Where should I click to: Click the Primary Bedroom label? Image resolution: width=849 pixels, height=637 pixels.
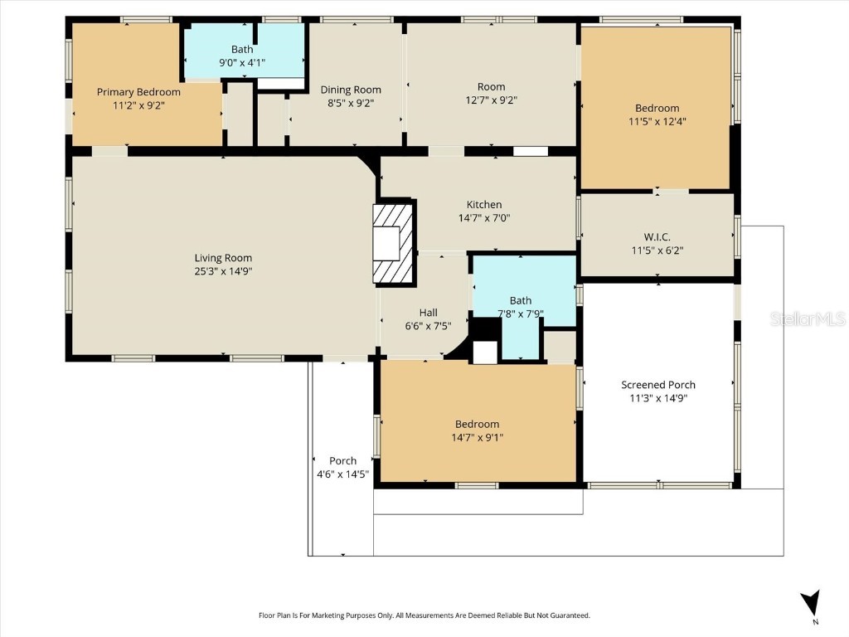pos(138,92)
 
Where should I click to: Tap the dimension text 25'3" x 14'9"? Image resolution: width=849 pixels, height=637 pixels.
pos(223,271)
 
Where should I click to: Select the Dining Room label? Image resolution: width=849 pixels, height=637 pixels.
pos(351,90)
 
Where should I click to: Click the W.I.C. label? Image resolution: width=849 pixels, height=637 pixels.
pos(657,237)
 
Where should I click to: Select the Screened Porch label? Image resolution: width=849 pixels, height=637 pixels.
pos(658,385)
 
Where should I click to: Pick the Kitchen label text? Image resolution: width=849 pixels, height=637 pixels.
pos(484,205)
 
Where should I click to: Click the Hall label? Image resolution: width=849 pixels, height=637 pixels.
pos(428,313)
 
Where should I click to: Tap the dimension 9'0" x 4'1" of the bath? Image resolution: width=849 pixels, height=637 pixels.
pos(242,62)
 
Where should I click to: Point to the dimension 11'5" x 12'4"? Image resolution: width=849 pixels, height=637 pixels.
pos(657,121)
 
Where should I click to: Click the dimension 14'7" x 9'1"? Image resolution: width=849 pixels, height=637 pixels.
pos(477,437)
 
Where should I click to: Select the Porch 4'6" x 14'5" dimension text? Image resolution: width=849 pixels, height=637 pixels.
pos(342,474)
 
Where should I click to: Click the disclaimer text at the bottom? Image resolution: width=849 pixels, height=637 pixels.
pos(424,615)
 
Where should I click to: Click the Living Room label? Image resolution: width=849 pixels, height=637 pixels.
pos(223,258)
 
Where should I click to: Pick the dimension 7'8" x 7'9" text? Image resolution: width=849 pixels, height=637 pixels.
pos(521,314)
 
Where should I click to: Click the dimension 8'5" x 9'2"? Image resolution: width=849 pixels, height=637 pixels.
pos(351,103)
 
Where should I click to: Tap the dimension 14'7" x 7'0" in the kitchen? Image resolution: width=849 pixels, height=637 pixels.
pos(484,218)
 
